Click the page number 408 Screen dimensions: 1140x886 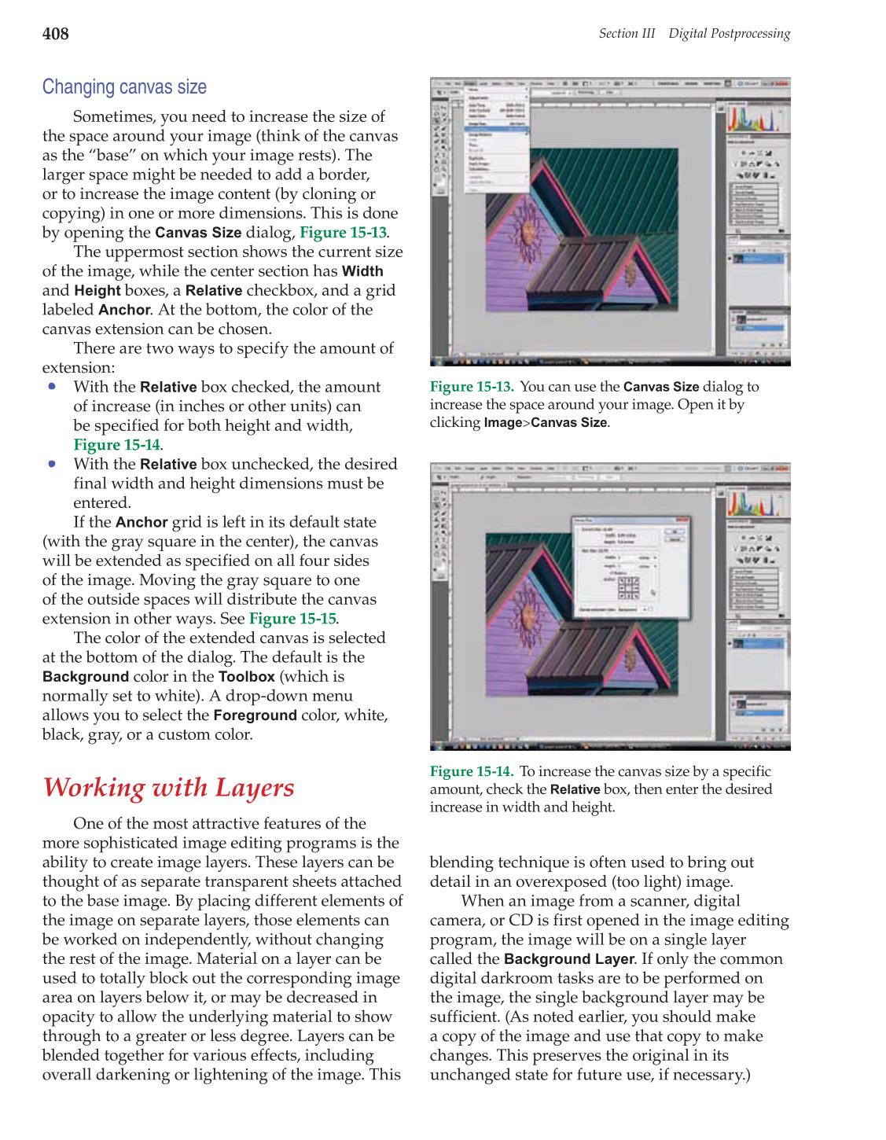click(x=55, y=34)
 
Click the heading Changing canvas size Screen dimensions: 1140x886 click(x=124, y=87)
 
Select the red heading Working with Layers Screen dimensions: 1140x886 click(x=168, y=787)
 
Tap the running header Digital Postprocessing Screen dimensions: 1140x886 click(x=729, y=33)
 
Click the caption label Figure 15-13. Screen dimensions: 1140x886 click(x=471, y=387)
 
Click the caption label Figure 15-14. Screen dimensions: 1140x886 click(x=471, y=771)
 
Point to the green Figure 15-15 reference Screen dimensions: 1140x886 click(x=292, y=619)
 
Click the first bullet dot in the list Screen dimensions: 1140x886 click(x=52, y=386)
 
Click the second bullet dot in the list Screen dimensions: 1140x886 click(x=52, y=463)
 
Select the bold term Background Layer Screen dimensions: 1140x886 click(x=568, y=959)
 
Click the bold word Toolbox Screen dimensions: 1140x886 click(x=246, y=677)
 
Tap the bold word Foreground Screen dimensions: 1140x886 click(x=255, y=715)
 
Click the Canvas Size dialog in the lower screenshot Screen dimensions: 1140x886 click(x=630, y=567)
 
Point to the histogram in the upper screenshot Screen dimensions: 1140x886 click(x=754, y=119)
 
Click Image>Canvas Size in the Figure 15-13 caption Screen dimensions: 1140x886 click(x=546, y=423)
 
